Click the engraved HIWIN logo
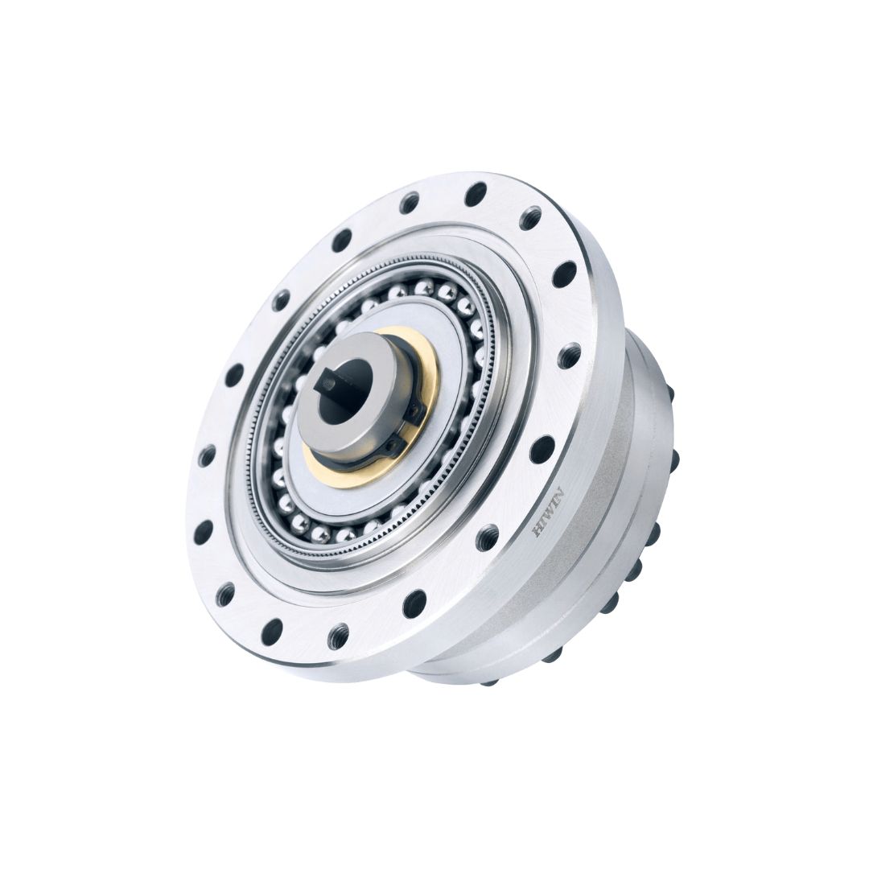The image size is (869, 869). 548,512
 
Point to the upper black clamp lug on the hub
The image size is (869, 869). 414,410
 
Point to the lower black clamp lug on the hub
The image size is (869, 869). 393,445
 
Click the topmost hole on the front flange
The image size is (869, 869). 476,194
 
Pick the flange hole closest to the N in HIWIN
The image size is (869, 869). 542,449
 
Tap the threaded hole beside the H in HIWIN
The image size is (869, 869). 487,537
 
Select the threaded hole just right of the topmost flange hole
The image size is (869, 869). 531,218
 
